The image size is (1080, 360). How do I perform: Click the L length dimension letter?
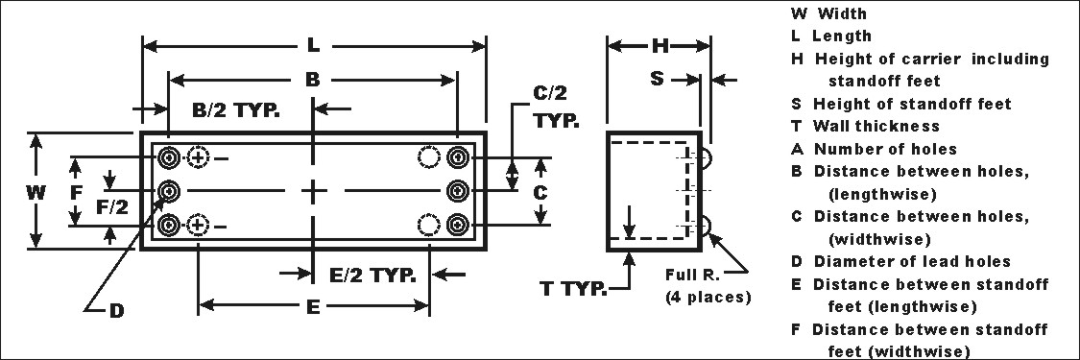(313, 46)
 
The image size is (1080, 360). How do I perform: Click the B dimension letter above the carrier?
(313, 80)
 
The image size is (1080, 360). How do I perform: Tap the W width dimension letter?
(36, 192)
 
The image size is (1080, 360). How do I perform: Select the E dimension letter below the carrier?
(313, 306)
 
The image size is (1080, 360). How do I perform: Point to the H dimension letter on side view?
(660, 46)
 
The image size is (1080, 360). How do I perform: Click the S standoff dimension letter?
(658, 79)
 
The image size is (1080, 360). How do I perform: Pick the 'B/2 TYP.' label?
(236, 110)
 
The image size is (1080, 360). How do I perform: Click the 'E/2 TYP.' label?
(372, 275)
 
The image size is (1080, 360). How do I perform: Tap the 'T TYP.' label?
(574, 288)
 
